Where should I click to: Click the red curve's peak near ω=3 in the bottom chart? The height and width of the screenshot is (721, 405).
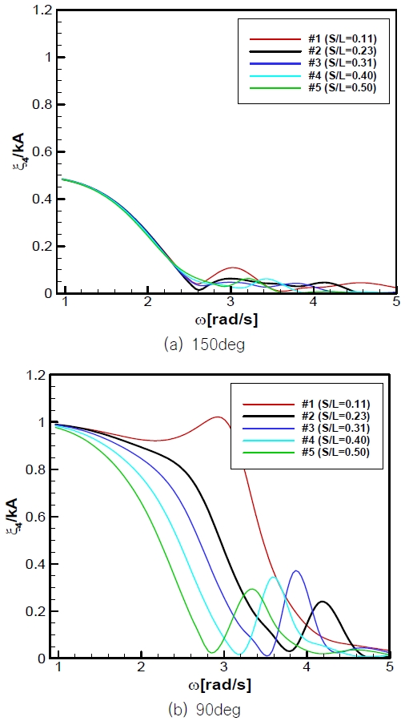pyautogui.click(x=218, y=417)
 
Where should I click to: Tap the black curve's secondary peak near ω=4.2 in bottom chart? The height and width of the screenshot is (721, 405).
pyautogui.click(x=323, y=601)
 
